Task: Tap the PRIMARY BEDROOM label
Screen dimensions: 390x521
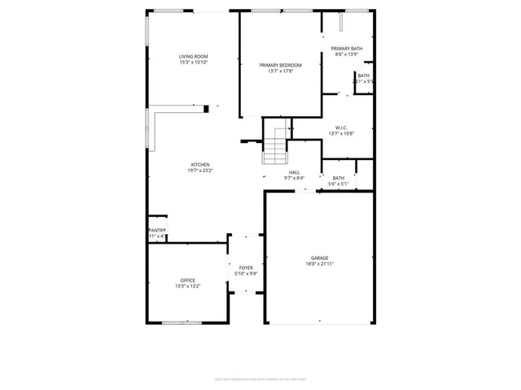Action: click(x=280, y=65)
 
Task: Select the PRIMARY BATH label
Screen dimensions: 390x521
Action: click(x=348, y=49)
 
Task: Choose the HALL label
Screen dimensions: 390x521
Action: click(x=294, y=172)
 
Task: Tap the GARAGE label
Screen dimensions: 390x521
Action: click(x=320, y=258)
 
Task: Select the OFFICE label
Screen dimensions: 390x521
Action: click(x=188, y=280)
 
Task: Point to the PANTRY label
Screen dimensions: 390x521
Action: click(x=157, y=230)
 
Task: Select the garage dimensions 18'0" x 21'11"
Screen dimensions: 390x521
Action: click(x=320, y=264)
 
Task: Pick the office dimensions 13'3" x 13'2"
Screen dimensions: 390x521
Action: click(x=188, y=286)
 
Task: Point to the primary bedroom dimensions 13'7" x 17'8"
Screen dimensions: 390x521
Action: click(x=280, y=71)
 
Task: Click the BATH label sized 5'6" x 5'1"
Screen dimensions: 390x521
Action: click(x=338, y=178)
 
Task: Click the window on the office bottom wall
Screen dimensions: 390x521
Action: click(x=181, y=323)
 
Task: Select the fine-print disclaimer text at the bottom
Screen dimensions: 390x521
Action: click(x=260, y=378)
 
